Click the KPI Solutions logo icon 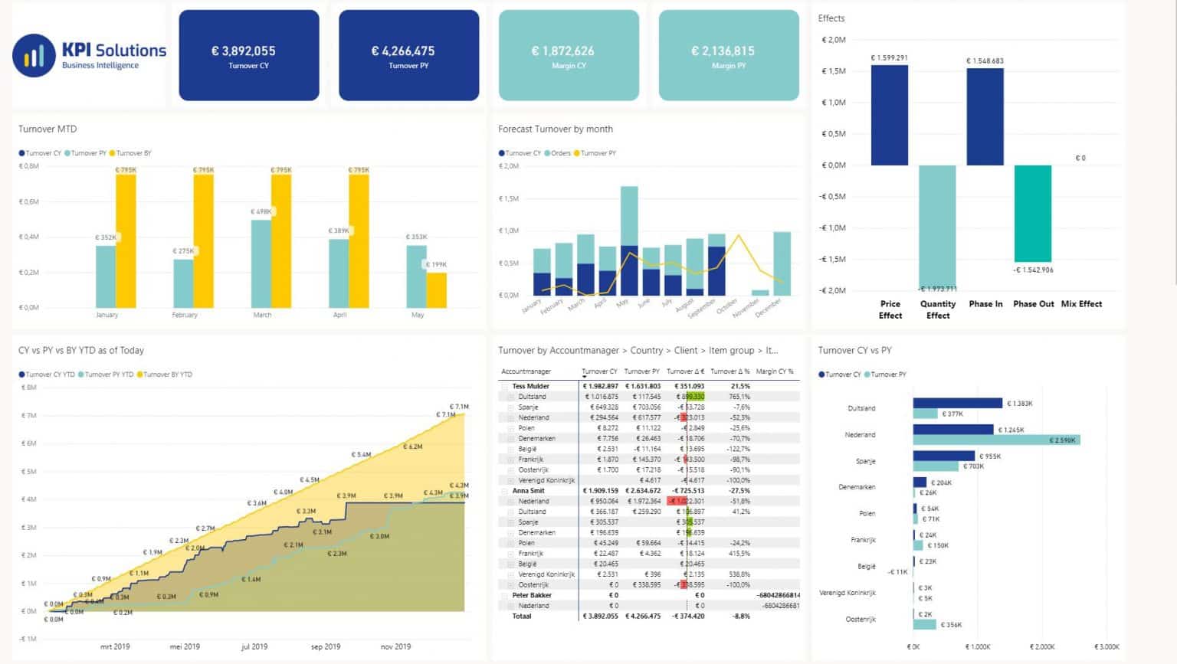(34, 56)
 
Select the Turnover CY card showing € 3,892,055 (249, 55)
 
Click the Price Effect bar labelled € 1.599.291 (890, 115)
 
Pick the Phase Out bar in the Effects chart (1032, 214)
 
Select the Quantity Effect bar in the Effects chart (937, 226)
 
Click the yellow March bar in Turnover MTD (281, 240)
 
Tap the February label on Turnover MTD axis (185, 315)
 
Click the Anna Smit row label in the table (528, 491)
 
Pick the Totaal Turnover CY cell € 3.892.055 (600, 616)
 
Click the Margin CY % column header (775, 371)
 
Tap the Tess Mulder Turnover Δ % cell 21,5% (740, 387)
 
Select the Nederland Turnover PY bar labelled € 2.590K (996, 440)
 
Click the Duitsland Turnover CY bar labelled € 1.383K (957, 403)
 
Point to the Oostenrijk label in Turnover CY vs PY (860, 619)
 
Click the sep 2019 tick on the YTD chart (326, 646)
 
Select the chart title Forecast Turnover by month (556, 129)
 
